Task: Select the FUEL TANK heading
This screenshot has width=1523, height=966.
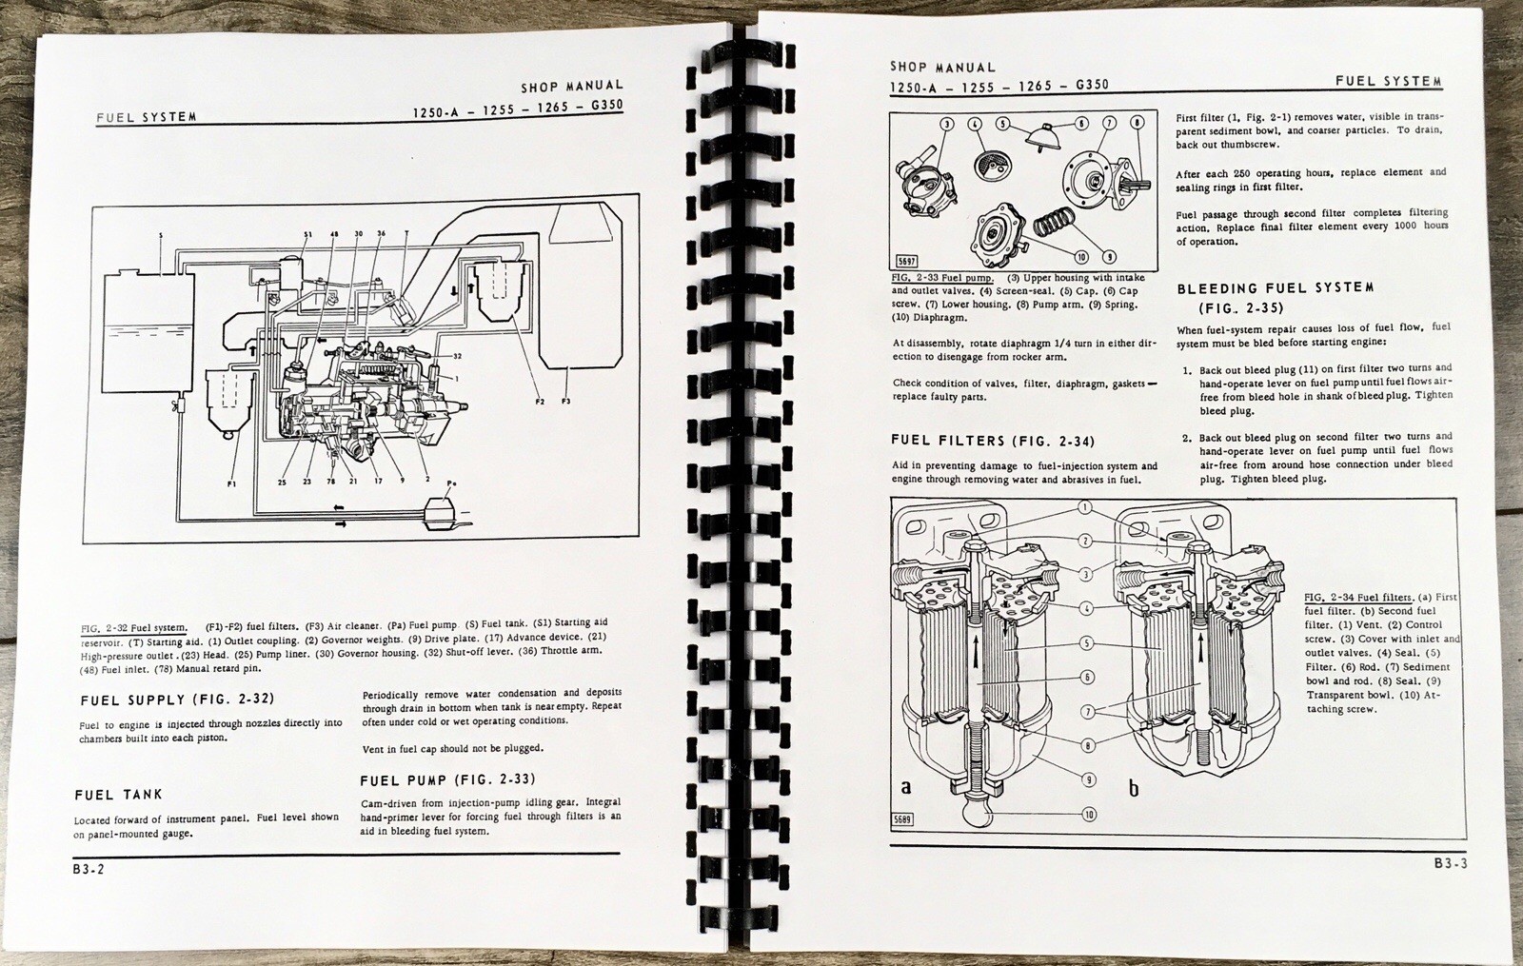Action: point(118,794)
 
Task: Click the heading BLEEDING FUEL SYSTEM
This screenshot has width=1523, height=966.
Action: point(1275,287)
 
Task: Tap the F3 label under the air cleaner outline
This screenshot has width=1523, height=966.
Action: point(565,402)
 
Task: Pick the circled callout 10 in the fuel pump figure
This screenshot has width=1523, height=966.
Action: point(1081,257)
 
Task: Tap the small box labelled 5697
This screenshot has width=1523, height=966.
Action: point(907,261)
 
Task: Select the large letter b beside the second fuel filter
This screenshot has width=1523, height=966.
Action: point(1133,788)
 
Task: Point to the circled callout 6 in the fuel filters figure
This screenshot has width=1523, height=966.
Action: point(1086,677)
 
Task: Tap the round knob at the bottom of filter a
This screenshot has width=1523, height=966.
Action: point(974,814)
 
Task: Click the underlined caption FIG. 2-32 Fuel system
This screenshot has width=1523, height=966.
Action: point(133,626)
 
